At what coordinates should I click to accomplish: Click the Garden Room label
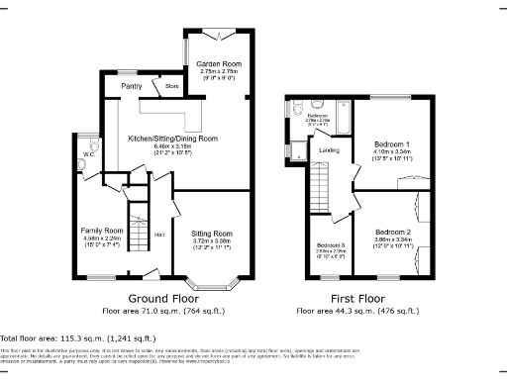[220, 64]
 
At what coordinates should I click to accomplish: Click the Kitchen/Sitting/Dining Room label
[173, 139]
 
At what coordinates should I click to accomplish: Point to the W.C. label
[89, 155]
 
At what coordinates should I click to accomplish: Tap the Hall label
[158, 235]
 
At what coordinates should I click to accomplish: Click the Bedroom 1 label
[394, 144]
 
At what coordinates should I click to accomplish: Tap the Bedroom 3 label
[331, 244]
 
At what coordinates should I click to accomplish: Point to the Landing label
[330, 150]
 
